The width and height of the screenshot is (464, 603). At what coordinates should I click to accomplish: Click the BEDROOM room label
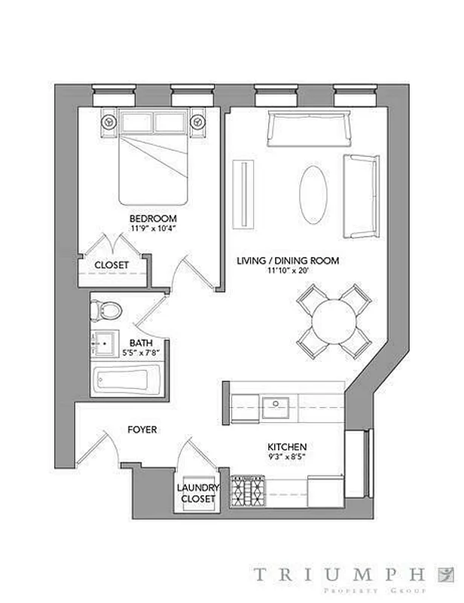pos(153,219)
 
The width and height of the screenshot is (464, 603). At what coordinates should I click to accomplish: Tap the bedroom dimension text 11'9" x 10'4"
pos(153,229)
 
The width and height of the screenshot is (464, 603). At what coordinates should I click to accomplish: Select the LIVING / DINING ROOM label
pos(288,261)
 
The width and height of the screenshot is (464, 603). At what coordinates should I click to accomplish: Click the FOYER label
pos(142,430)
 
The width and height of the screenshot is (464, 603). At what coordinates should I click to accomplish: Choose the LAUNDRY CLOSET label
pos(197,493)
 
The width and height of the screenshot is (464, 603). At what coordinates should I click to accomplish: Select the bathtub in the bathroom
pos(127,381)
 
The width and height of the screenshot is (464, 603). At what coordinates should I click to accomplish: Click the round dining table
pos(334,321)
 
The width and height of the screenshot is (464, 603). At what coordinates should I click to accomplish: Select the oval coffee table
pos(315,193)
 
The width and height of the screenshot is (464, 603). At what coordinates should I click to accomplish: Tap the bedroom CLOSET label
pos(111,265)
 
